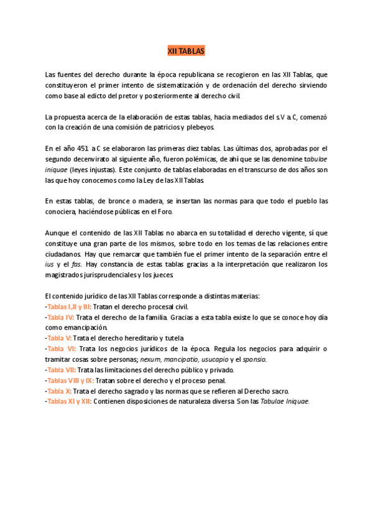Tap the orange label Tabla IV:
point(61,318)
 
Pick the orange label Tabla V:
point(60,338)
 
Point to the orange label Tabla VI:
point(62,349)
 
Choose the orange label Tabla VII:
point(62,370)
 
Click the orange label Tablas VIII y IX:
point(71,380)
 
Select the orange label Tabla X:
point(60,391)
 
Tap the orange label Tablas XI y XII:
point(70,401)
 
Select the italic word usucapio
point(214,359)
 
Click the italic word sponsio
point(254,359)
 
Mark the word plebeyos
point(200,127)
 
